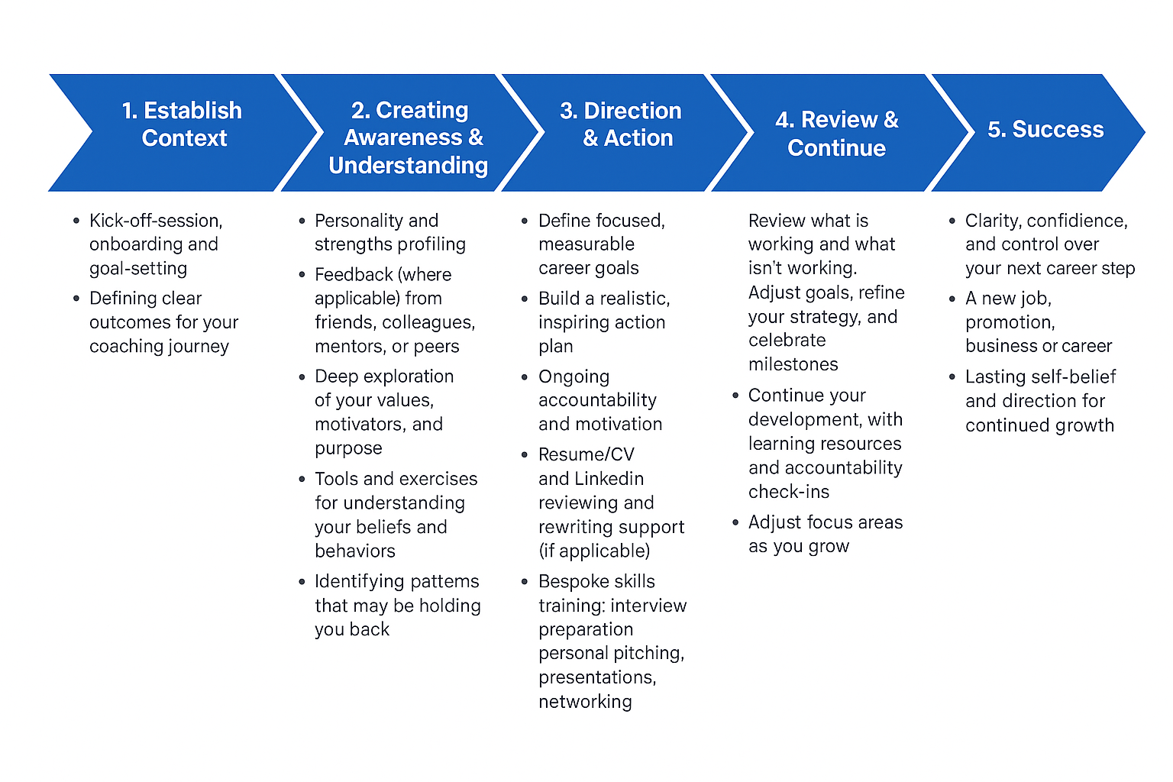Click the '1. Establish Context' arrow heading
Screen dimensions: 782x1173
pyautogui.click(x=183, y=124)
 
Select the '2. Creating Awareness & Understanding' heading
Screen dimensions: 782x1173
pyautogui.click(x=409, y=138)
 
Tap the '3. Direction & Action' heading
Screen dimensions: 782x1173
pyautogui.click(x=622, y=124)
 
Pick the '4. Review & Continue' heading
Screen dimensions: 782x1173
pyautogui.click(x=837, y=134)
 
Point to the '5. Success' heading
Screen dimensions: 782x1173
pyautogui.click(x=1045, y=130)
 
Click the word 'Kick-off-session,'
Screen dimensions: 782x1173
pyautogui.click(x=156, y=221)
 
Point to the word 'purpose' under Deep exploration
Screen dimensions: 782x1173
pyautogui.click(x=348, y=448)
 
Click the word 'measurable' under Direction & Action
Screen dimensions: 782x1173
pyautogui.click(x=586, y=244)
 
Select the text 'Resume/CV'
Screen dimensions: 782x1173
pyautogui.click(x=586, y=454)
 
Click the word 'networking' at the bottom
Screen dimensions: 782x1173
pyautogui.click(x=585, y=702)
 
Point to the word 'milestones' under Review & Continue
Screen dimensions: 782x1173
pyautogui.click(x=793, y=365)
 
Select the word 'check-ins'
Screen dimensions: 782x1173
pyautogui.click(x=789, y=492)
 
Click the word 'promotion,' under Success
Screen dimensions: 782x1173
pyautogui.click(x=1010, y=322)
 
